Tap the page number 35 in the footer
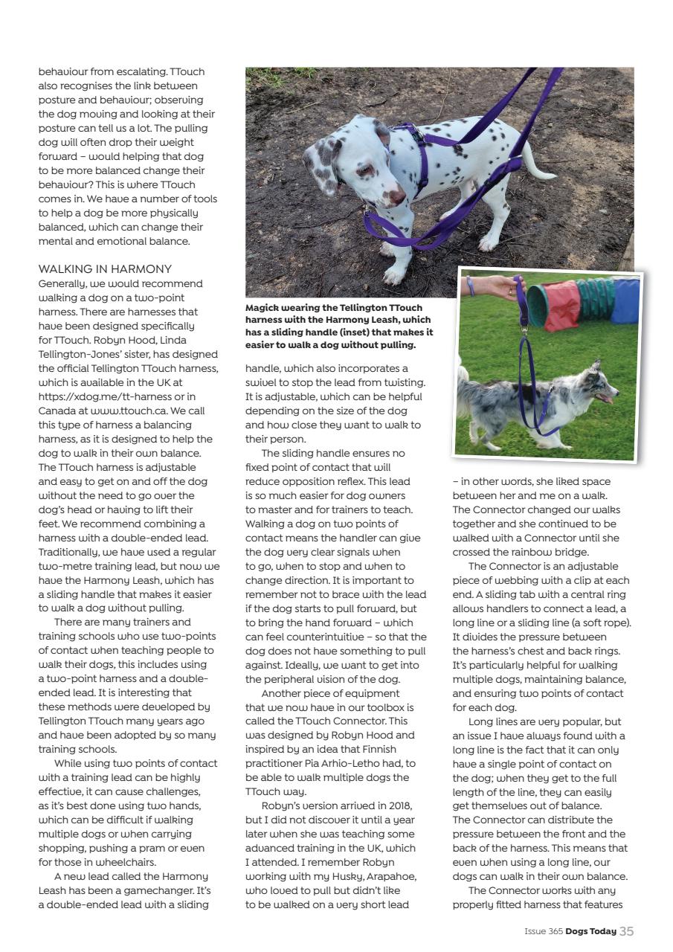click(626, 930)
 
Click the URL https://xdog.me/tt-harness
click(100, 396)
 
